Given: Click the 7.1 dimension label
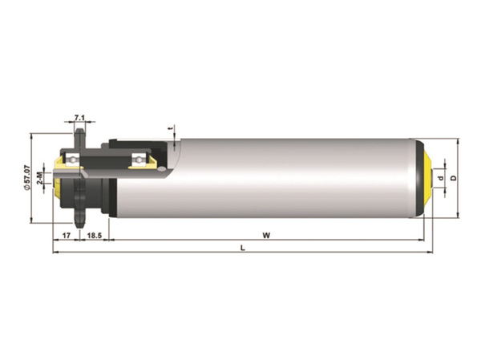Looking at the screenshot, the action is tap(79, 118).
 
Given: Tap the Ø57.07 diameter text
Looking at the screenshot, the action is tap(26, 178).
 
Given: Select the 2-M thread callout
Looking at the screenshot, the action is tap(40, 178).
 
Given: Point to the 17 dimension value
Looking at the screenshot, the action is tap(67, 236).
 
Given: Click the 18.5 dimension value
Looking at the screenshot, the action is tap(94, 236).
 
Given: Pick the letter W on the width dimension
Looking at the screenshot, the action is tap(266, 236).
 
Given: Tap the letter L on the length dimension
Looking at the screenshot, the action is tap(243, 248).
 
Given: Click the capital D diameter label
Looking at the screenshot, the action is tap(454, 178).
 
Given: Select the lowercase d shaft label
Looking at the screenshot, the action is tap(442, 178).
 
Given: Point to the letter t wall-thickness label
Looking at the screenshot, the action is tap(172, 129).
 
